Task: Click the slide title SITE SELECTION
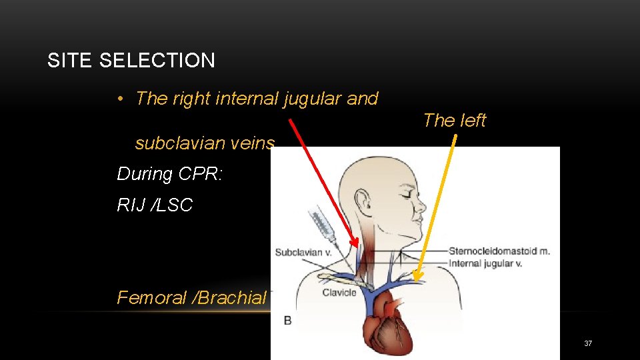click(x=131, y=61)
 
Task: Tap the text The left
click(x=455, y=121)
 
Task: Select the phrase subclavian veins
click(x=205, y=143)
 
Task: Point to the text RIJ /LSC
click(x=155, y=205)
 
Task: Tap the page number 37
click(x=588, y=343)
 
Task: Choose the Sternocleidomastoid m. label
click(x=499, y=251)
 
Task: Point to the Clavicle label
click(x=339, y=292)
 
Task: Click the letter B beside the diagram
click(x=288, y=320)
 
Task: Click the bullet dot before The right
click(x=119, y=99)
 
